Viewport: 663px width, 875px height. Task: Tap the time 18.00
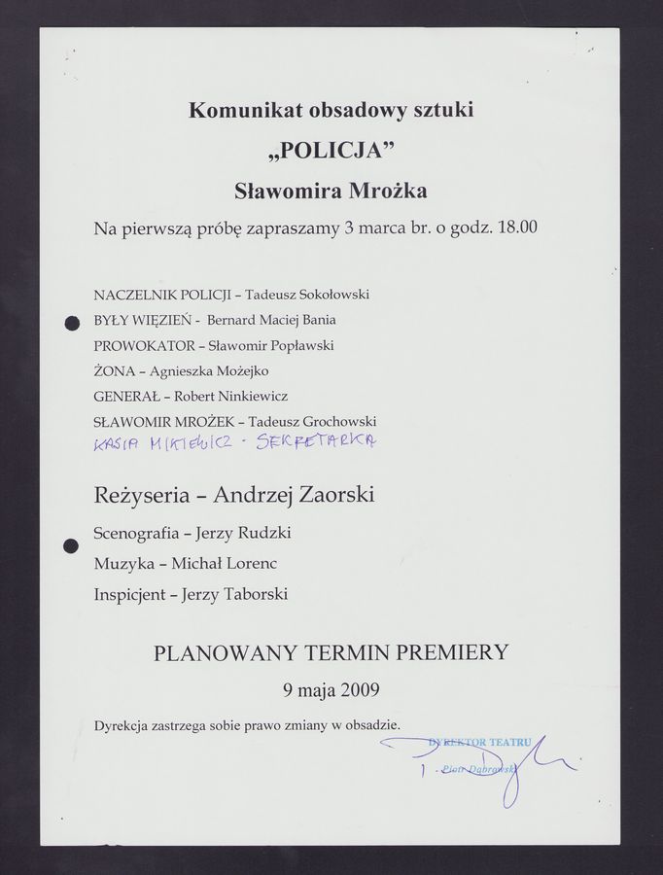pos(516,229)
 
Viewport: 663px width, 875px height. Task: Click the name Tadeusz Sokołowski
pos(308,294)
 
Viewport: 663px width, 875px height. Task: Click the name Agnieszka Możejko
pos(209,370)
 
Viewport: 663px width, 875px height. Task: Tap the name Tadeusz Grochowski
pos(312,421)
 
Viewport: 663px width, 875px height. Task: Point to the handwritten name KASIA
pos(116,445)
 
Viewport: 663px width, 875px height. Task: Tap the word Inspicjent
pos(130,594)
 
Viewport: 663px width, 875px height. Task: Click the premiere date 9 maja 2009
pos(331,690)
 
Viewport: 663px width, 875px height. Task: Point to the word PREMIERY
pos(452,652)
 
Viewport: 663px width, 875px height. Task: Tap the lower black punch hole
pos(70,546)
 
